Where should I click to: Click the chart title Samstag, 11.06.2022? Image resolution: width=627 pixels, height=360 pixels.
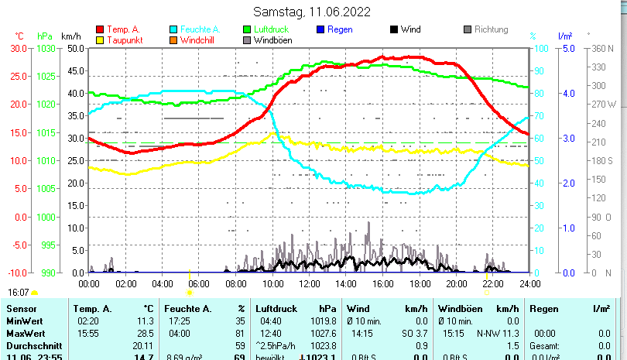312,12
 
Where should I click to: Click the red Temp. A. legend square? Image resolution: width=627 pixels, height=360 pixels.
100,29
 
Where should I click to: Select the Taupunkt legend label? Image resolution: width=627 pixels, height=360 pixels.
124,40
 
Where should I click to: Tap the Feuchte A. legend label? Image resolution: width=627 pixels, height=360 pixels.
199,29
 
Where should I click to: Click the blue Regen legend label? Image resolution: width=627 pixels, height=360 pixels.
340,29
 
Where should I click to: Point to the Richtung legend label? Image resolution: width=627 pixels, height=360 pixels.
491,29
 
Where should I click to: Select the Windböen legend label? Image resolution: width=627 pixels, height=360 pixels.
272,40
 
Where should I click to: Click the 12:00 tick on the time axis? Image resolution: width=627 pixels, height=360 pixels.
309,284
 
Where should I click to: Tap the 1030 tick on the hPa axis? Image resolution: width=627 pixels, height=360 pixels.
46,48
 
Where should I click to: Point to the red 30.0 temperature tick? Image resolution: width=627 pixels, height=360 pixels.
19,48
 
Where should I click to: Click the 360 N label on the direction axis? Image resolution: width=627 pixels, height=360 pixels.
602,48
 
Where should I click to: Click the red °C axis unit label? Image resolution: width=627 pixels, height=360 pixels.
19,36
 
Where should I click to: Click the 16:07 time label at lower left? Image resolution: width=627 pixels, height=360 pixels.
19,293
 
